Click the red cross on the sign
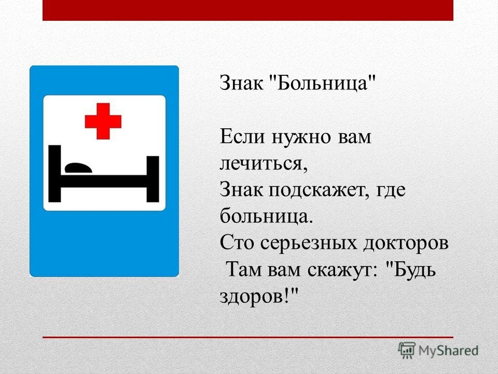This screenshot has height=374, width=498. [x=103, y=121]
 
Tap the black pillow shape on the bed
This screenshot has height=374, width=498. [x=78, y=168]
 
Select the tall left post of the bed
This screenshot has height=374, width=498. [x=54, y=173]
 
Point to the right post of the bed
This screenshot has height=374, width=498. [x=153, y=179]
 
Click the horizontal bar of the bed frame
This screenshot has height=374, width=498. [x=104, y=181]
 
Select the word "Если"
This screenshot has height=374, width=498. [x=242, y=137]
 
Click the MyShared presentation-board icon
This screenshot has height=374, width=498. [x=407, y=350]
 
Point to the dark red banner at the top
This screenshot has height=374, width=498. [x=248, y=10]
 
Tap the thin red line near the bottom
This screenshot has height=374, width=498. [x=248, y=337]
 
